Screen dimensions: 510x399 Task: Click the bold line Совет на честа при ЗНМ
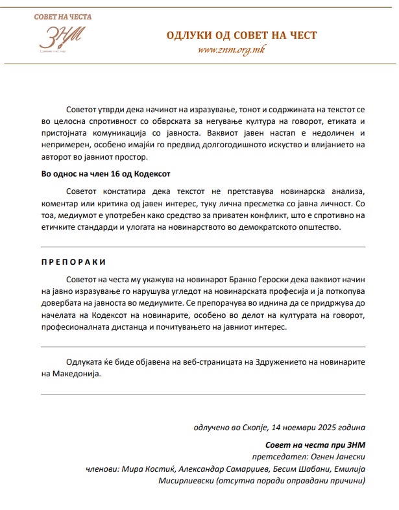(315, 446)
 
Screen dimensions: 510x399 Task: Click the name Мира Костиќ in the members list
(146, 469)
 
